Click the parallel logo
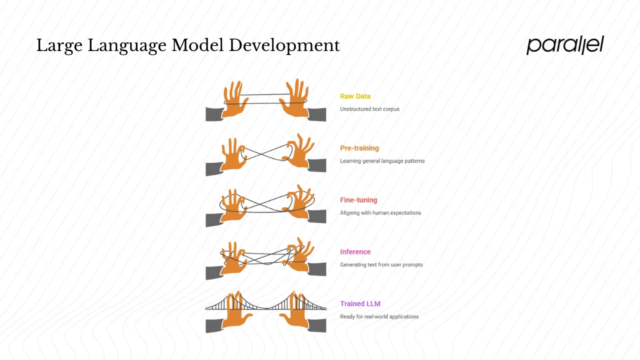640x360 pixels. (x=565, y=45)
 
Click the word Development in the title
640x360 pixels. (x=284, y=45)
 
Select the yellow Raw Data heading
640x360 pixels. (x=355, y=96)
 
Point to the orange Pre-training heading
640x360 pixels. (x=359, y=148)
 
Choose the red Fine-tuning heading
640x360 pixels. (x=358, y=200)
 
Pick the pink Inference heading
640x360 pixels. (x=355, y=252)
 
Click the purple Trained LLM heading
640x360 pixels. (x=360, y=303)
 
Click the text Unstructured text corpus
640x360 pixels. (x=369, y=109)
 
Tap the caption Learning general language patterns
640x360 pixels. (x=382, y=161)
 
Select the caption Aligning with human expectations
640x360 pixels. (x=380, y=213)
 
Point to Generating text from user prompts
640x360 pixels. (x=381, y=264)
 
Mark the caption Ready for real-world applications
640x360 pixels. (x=379, y=316)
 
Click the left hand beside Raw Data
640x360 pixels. (x=234, y=100)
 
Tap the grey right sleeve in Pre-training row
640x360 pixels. (x=317, y=165)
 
